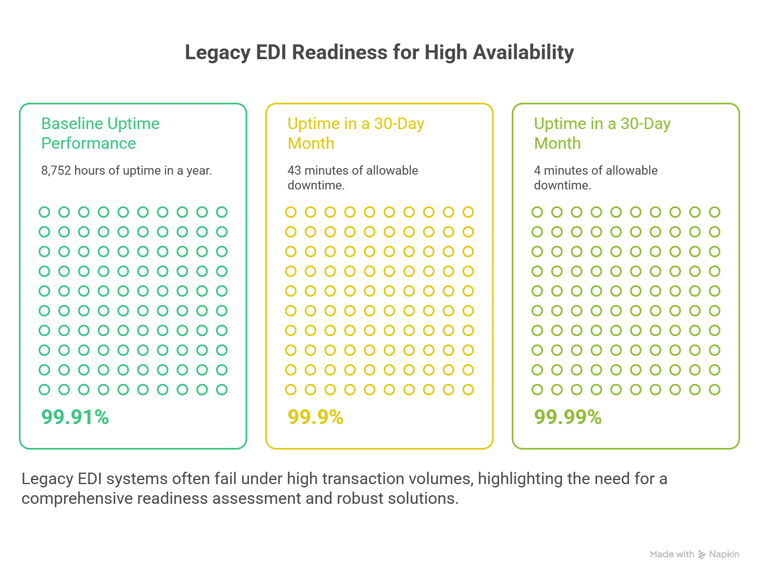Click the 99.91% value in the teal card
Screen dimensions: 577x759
coord(75,417)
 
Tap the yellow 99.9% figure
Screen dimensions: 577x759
coord(315,417)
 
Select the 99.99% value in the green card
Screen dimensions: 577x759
coord(568,417)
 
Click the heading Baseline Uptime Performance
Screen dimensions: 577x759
coord(100,133)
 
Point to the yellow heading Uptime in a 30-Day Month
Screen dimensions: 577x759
coord(356,133)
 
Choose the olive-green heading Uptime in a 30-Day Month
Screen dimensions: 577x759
coord(602,133)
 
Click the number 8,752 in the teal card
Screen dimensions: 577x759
coord(56,171)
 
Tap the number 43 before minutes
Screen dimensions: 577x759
coord(294,171)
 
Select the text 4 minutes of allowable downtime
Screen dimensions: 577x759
coord(596,178)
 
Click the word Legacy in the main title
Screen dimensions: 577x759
coord(217,53)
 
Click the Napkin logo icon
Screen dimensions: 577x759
coord(702,555)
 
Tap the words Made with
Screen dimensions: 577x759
coord(672,554)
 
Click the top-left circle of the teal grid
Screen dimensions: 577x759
coord(44,212)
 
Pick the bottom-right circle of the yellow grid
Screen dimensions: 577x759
coord(468,390)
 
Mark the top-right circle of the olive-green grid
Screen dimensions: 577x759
coord(715,212)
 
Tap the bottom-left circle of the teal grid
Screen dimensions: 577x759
coord(44,390)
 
